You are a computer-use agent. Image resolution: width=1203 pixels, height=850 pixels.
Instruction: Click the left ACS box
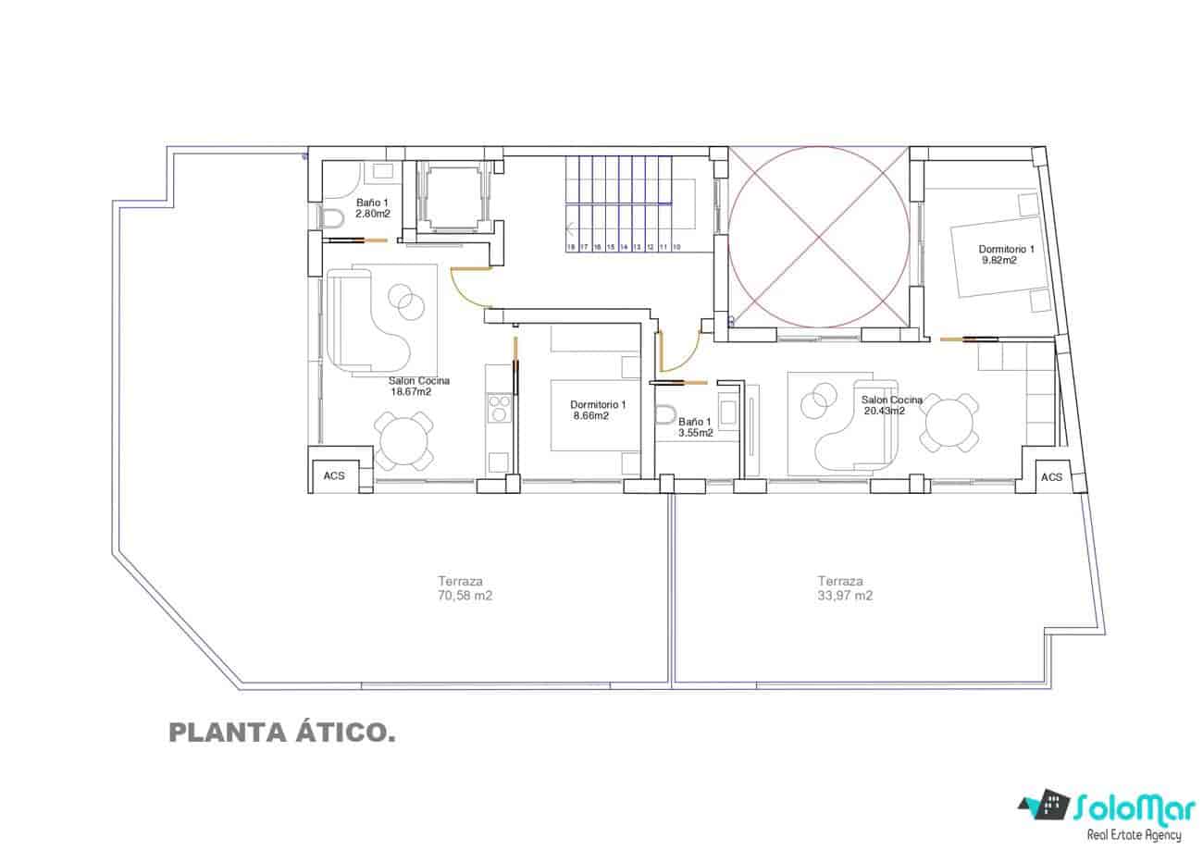tap(333, 475)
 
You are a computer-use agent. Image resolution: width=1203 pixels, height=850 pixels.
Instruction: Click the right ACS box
tap(1051, 476)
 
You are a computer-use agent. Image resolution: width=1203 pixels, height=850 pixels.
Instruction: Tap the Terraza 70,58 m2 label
tap(465, 588)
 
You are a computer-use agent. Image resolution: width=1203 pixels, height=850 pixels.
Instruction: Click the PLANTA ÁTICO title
tap(282, 733)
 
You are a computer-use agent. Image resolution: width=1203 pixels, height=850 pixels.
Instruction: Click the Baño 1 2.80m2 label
tap(372, 207)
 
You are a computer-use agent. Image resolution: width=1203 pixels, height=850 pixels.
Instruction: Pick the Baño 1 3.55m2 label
tap(695, 426)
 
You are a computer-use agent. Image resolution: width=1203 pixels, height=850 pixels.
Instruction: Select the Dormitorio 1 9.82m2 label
tap(1005, 254)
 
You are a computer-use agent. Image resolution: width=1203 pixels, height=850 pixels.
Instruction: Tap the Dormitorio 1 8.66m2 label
tap(598, 410)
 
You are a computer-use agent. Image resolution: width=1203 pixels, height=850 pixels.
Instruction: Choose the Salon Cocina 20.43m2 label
tap(891, 405)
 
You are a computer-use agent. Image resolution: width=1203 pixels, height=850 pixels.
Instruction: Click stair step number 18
tap(571, 247)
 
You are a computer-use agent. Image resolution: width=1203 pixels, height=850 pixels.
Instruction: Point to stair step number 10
tap(676, 247)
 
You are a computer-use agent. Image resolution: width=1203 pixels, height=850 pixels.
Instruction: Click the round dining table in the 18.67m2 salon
tap(403, 440)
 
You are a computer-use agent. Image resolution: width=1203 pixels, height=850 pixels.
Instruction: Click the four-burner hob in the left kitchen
tap(500, 407)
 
